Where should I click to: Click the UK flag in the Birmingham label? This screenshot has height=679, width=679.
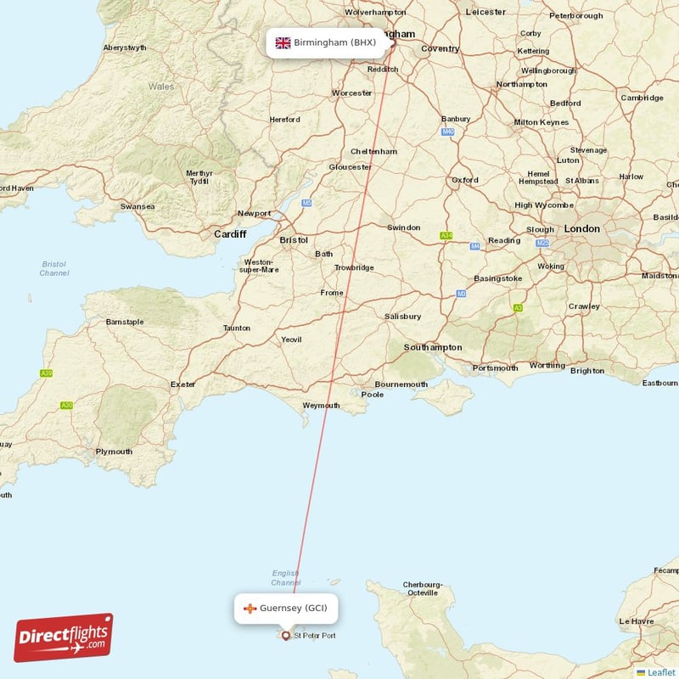(x=283, y=42)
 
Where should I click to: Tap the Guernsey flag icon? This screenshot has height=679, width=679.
(x=250, y=609)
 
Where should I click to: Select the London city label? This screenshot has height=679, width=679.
(x=581, y=229)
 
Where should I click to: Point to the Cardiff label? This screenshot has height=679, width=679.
(x=230, y=234)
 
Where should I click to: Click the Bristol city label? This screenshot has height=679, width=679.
(x=294, y=240)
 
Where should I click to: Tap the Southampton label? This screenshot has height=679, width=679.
(x=433, y=347)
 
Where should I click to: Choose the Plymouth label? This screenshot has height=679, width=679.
(x=114, y=452)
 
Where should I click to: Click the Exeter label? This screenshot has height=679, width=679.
(x=182, y=384)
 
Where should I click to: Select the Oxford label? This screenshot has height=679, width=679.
(x=464, y=180)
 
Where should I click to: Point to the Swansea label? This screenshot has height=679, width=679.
(x=137, y=206)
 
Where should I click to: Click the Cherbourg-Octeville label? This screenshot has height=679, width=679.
(x=423, y=589)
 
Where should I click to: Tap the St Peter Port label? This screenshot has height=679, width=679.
(x=314, y=636)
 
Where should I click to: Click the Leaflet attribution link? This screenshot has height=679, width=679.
(x=660, y=672)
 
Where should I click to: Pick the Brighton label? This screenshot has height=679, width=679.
(x=587, y=371)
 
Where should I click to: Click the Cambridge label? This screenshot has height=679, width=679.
(x=642, y=98)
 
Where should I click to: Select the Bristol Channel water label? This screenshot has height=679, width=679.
(x=54, y=269)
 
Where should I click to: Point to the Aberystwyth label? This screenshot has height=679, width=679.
(x=125, y=48)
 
